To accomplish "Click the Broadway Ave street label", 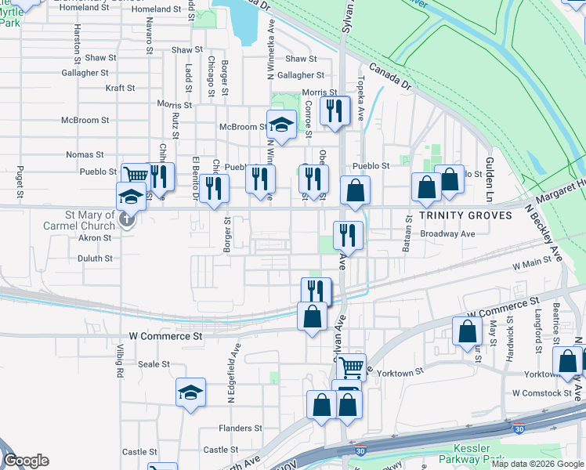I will [x=447, y=233].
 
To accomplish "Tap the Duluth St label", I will [x=95, y=258].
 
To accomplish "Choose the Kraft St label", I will [x=121, y=89].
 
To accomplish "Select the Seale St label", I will [x=154, y=364].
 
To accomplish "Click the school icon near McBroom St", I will [x=280, y=123].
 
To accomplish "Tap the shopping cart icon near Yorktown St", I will [x=352, y=364].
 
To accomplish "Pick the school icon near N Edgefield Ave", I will [x=190, y=392].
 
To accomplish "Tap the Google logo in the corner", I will [x=26, y=461].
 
